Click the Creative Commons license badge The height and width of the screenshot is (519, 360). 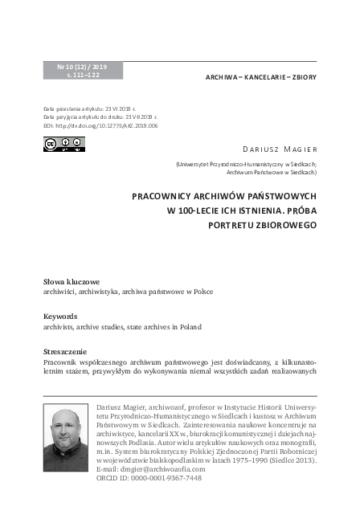pos(63,145)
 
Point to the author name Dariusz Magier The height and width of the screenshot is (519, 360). pos(280,149)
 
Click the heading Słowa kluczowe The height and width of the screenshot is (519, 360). pos(72,282)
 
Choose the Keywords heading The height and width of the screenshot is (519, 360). pos(60,317)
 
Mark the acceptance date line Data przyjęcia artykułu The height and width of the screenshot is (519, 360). pos(100,117)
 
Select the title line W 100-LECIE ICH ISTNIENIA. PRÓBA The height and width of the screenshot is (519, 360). pos(241,210)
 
